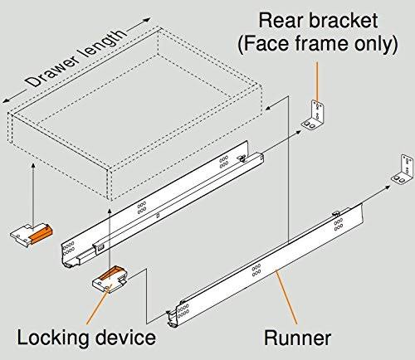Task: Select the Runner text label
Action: [297, 338]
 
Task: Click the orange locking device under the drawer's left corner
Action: [34, 234]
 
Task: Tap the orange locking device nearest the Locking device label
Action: [110, 280]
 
